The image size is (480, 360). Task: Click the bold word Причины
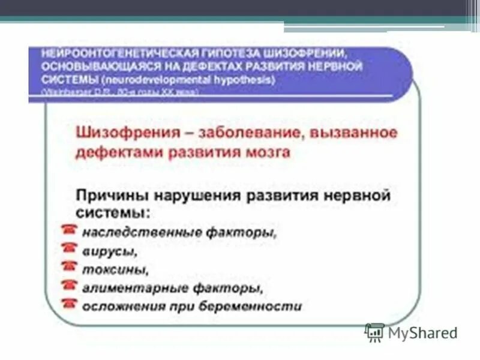(x=112, y=196)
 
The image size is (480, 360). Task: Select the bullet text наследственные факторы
(x=180, y=231)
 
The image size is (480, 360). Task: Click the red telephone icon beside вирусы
(x=70, y=247)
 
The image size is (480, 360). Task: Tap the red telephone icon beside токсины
(x=70, y=266)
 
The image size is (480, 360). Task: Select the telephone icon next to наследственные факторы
(x=70, y=229)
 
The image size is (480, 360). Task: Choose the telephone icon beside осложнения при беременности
(x=70, y=304)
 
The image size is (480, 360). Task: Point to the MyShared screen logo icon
(x=375, y=332)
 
